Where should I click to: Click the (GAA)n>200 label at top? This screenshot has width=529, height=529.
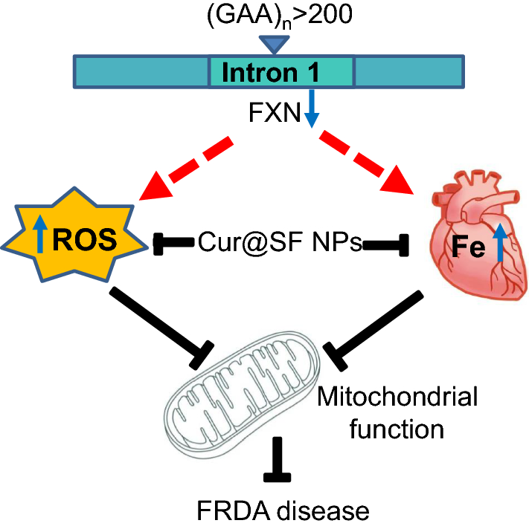point(280,15)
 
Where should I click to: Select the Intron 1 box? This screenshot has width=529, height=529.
point(281,72)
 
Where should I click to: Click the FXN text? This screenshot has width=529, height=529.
point(275,112)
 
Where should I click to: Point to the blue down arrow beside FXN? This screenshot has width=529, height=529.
point(312,108)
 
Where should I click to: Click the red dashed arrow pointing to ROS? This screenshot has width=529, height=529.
point(186,169)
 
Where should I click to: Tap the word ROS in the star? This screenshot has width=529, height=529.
point(85,240)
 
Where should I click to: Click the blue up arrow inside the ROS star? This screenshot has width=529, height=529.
point(40,234)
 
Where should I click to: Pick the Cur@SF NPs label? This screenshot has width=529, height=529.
point(280,242)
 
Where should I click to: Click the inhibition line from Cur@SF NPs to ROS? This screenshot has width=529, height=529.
point(173,243)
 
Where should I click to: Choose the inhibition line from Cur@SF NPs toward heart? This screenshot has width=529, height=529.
point(385,245)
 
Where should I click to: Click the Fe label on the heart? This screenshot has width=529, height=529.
point(469,247)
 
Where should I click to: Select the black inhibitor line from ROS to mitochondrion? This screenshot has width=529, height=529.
point(161,328)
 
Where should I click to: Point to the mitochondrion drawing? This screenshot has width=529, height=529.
point(242,395)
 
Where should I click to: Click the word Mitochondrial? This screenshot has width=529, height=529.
point(397,397)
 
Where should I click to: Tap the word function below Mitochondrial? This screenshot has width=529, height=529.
point(397,429)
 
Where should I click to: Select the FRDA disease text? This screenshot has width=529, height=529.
point(283,510)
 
